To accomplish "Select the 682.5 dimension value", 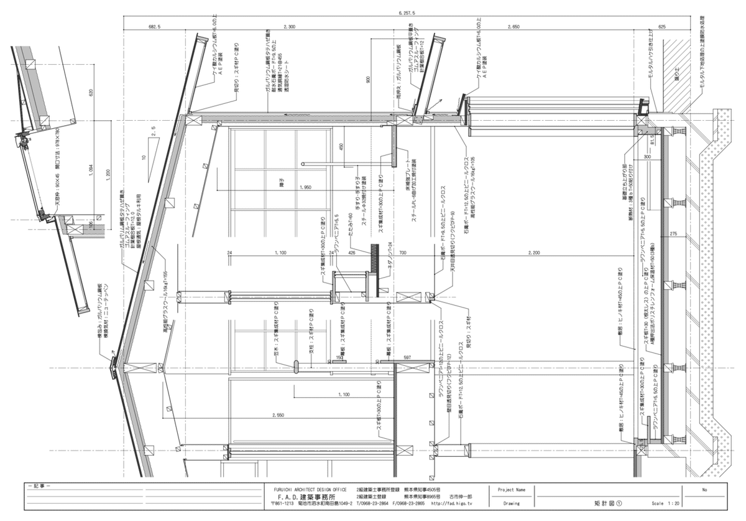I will (155, 27).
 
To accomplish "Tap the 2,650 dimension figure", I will (513, 27).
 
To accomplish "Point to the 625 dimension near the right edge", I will (661, 27).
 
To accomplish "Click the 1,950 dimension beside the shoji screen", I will (305, 187).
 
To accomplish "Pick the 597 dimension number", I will (408, 357).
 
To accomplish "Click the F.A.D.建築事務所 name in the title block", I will (306, 498).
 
